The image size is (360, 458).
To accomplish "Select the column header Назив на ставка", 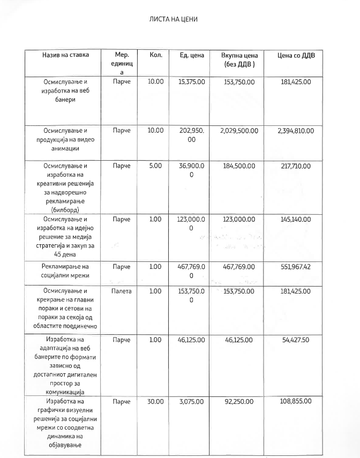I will (x=65, y=55).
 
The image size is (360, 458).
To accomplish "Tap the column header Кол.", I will (x=155, y=55).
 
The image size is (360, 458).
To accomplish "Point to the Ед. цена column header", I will (x=191, y=55).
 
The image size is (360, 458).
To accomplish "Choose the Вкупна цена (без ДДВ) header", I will (x=239, y=59).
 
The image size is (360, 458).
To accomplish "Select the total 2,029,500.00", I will (x=239, y=131).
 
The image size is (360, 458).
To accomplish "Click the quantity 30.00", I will (x=155, y=401).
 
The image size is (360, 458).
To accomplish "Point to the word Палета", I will (x=122, y=291).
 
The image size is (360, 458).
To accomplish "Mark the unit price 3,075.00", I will (x=191, y=401).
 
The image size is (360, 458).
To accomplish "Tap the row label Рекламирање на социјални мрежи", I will (x=65, y=271).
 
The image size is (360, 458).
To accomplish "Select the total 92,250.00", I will (x=239, y=401).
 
